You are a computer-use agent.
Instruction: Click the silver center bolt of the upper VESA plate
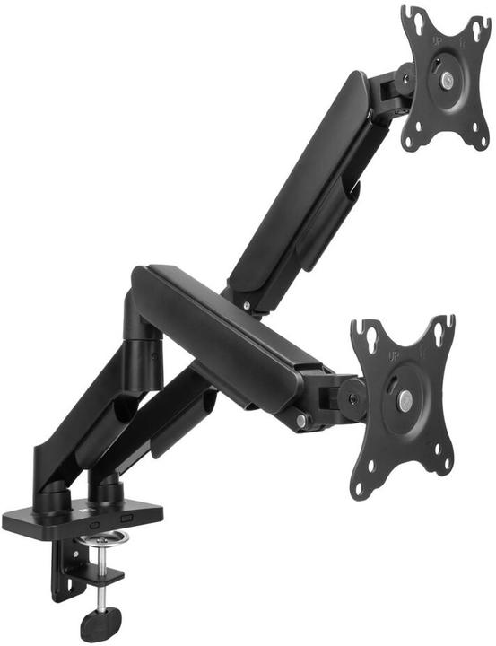[446, 80]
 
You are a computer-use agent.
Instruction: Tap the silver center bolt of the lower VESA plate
[405, 401]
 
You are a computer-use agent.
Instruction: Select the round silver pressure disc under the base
[103, 540]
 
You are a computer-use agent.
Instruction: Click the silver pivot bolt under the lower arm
[301, 419]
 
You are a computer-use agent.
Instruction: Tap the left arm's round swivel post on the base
[54, 493]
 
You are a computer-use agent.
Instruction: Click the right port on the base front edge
[126, 519]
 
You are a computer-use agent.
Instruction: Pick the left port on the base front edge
[92, 520]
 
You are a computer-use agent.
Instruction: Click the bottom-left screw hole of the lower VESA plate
[363, 488]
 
